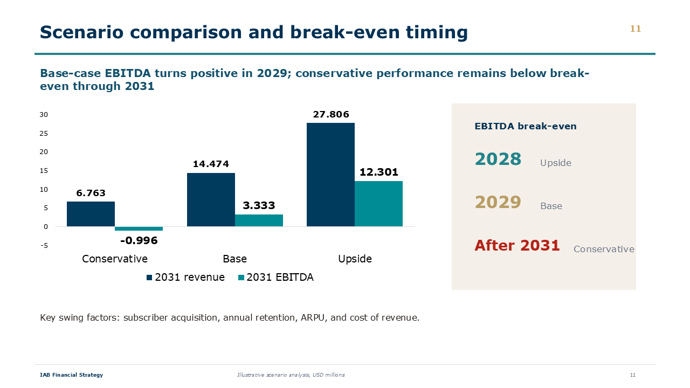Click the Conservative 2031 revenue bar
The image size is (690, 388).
(91, 214)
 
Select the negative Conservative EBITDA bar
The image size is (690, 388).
(139, 229)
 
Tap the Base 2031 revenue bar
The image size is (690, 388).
(211, 200)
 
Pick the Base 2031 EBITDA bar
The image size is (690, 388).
(259, 220)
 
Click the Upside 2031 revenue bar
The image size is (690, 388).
(331, 175)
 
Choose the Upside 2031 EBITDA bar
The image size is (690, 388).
(379, 204)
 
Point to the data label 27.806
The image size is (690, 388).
(331, 115)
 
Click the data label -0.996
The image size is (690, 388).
(139, 240)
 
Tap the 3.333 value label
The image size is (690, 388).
(259, 205)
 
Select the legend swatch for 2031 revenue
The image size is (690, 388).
(149, 278)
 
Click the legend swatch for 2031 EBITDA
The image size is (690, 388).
(241, 278)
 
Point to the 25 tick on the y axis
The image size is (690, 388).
(44, 133)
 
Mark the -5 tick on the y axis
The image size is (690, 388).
(44, 245)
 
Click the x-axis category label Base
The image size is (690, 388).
(234, 259)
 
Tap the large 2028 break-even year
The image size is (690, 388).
(498, 159)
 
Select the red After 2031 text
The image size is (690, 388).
(517, 245)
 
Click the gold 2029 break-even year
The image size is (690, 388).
(498, 202)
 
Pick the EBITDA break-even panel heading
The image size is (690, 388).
(526, 126)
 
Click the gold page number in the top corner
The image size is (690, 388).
(636, 29)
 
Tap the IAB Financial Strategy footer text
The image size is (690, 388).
(72, 375)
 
